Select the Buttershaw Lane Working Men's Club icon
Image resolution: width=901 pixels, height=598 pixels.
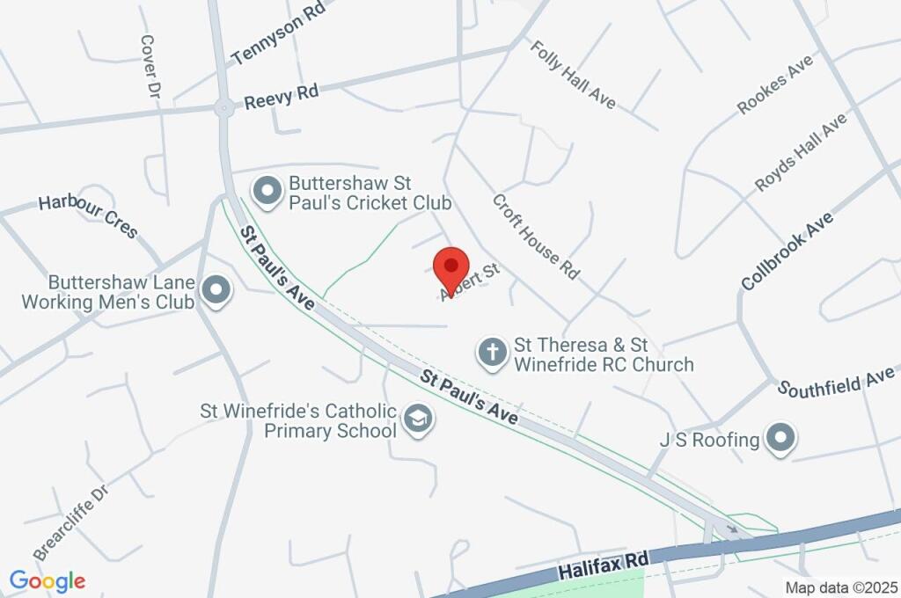pos(215,290)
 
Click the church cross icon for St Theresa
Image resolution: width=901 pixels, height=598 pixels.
pos(491,354)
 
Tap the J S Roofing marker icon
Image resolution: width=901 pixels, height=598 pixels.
pos(779,438)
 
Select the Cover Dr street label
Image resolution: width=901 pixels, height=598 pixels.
pos(148,67)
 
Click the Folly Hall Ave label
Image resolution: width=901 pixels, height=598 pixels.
pos(573,74)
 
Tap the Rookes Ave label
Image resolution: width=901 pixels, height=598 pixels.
pos(775,84)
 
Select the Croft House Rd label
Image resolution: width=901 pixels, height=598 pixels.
pos(536,237)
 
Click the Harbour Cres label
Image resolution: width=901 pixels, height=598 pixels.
pos(88,216)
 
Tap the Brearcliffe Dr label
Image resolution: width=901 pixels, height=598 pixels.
pos(70,521)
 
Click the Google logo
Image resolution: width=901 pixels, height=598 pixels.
pos(48,580)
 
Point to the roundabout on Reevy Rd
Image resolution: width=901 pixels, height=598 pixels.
pos(223,108)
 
